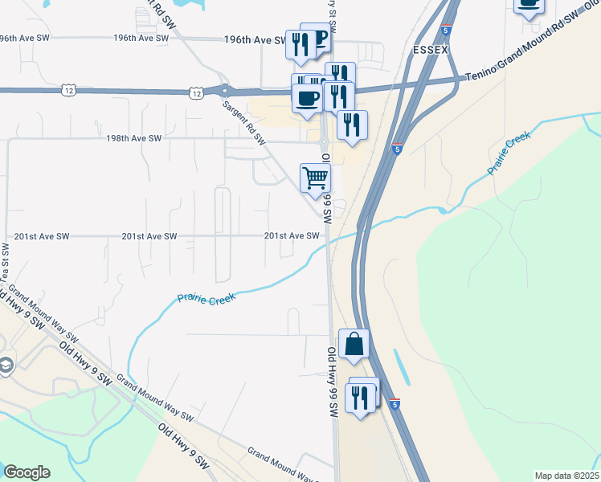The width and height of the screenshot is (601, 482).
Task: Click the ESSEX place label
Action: click(429, 50)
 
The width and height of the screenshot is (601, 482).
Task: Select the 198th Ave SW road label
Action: click(134, 138)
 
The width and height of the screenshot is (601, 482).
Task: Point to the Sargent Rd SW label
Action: click(243, 121)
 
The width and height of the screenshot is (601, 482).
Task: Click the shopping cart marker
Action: click(316, 178)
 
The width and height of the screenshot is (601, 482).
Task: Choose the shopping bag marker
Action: click(354, 345)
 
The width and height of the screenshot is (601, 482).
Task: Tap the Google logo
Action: click(27, 472)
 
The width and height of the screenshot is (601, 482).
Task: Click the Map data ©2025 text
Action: click(566, 476)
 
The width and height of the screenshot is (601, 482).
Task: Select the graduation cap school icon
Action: click(6, 366)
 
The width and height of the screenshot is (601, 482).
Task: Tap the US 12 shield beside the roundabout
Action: click(195, 94)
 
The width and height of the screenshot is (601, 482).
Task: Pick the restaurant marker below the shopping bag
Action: click(359, 398)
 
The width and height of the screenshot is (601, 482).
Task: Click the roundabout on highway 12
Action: click(225, 91)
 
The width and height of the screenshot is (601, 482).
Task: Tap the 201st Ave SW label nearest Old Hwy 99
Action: click(292, 236)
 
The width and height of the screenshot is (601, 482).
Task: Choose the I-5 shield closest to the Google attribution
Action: click(395, 405)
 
